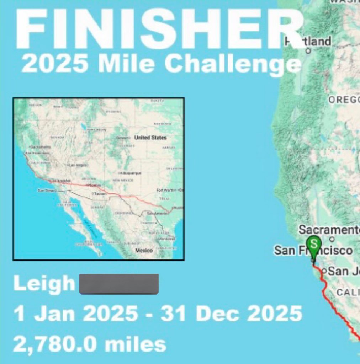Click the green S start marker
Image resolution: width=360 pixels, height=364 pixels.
pyautogui.click(x=314, y=244)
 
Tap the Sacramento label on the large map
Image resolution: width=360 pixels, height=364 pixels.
pyautogui.click(x=329, y=230)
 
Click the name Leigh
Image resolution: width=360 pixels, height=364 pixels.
pyautogui.click(x=44, y=283)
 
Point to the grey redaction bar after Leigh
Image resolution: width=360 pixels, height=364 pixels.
pyautogui.click(x=119, y=284)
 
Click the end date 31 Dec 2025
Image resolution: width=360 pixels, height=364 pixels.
pyautogui.click(x=231, y=314)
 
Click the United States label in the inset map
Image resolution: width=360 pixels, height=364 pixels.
pyautogui.click(x=150, y=138)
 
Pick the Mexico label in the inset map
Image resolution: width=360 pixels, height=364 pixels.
pyautogui.click(x=144, y=251)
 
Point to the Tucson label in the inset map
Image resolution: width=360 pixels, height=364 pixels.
pyautogui.click(x=99, y=194)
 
